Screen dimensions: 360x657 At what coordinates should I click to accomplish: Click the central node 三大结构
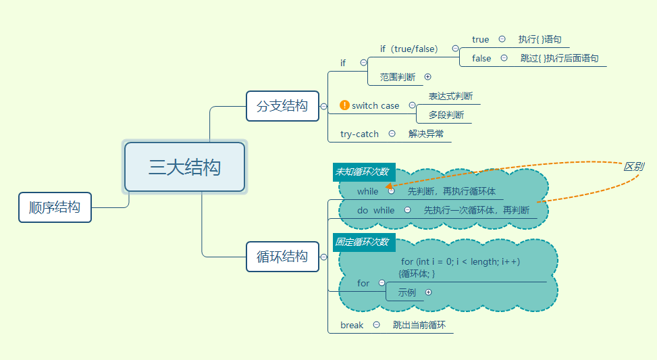click(x=184, y=167)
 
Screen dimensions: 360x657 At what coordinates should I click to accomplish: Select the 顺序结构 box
click(x=55, y=207)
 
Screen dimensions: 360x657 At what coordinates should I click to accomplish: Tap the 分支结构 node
click(x=282, y=106)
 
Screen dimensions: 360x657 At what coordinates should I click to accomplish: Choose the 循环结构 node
click(x=282, y=257)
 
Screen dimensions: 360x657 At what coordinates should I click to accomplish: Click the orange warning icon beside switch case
click(x=344, y=105)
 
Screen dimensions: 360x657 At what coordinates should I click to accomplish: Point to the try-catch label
click(x=359, y=134)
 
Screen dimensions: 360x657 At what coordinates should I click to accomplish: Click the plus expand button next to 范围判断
click(x=427, y=77)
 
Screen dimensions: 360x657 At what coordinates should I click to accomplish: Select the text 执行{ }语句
click(x=540, y=40)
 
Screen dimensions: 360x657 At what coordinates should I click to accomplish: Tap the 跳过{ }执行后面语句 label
click(x=559, y=59)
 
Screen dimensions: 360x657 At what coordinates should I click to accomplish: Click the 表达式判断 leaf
click(x=450, y=97)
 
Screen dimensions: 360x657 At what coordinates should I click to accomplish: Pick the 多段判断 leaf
click(x=446, y=115)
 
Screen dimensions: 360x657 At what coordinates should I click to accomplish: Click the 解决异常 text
click(x=426, y=134)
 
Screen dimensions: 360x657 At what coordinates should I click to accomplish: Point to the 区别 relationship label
click(x=633, y=166)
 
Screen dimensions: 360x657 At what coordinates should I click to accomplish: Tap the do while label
click(x=375, y=211)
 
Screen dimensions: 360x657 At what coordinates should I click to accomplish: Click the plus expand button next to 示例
click(x=427, y=292)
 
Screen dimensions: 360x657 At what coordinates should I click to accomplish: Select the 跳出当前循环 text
click(x=419, y=326)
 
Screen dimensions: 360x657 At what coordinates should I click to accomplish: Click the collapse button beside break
click(x=377, y=326)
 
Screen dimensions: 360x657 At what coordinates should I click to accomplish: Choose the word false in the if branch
click(x=481, y=59)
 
